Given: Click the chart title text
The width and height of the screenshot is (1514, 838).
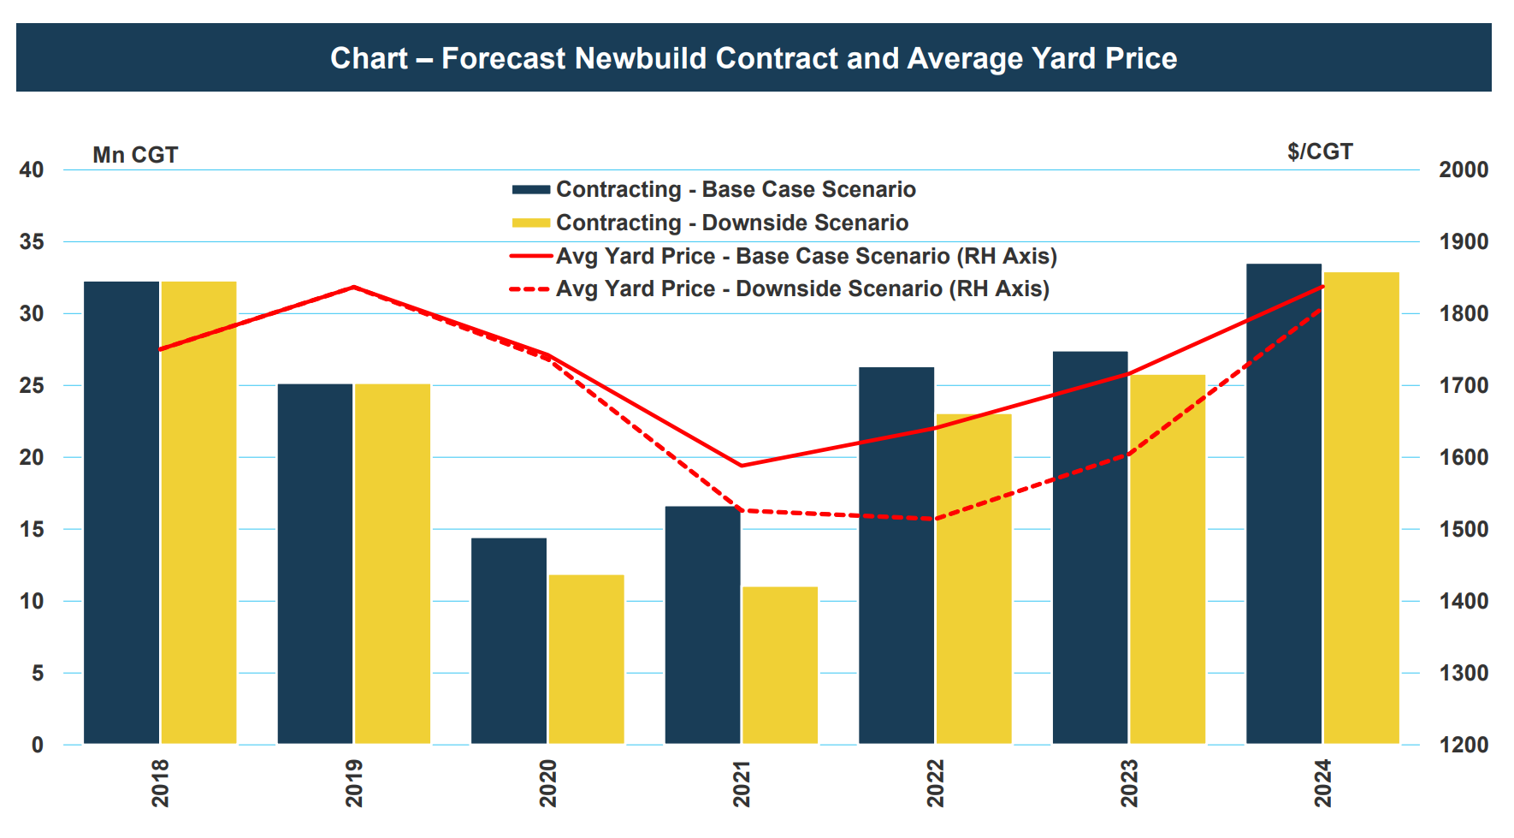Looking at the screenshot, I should point(754,58).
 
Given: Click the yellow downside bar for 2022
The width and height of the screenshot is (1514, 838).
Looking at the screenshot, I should point(974,579).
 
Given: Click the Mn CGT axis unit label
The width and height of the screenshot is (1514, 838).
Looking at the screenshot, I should point(135,155).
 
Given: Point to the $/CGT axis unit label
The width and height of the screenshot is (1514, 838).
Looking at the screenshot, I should point(1320,152).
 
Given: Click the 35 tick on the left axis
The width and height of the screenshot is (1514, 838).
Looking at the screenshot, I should point(32,241).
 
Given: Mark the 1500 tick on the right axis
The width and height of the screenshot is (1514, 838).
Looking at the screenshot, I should point(1464,529).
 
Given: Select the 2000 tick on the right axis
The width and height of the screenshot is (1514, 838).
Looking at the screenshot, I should point(1464,169).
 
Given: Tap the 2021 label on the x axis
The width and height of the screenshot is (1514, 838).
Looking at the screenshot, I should point(742,783).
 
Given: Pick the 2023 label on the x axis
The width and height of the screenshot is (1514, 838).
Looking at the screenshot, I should point(1129,783).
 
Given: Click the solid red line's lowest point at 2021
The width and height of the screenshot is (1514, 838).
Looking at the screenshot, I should point(741,466).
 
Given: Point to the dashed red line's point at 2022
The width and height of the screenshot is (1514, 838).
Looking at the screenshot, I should point(935,519).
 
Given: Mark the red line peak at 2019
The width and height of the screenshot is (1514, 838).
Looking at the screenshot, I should point(354,287).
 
